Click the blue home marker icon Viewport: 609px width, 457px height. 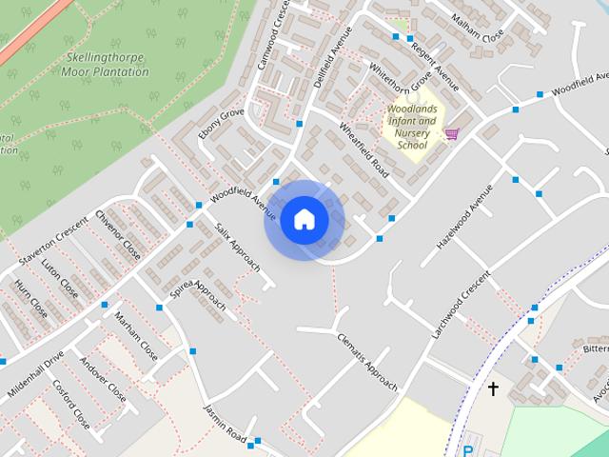(x=304, y=219)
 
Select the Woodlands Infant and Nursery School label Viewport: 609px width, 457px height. (x=412, y=127)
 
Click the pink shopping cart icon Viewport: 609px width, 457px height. (x=451, y=133)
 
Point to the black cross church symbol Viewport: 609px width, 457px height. (x=494, y=388)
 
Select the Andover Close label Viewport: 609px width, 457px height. (x=103, y=380)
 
